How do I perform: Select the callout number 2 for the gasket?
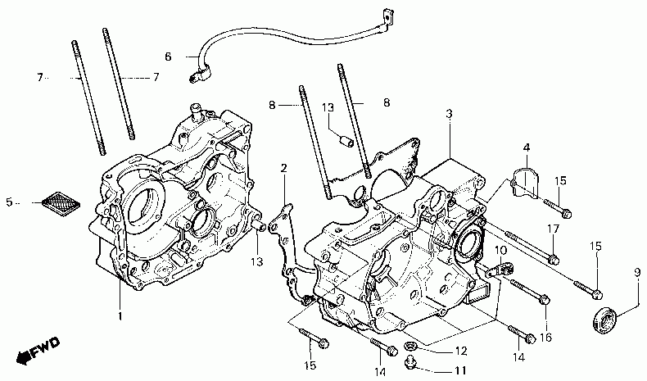click(x=283, y=169)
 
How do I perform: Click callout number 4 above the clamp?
click(x=526, y=148)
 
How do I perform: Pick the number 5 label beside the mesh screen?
click(x=10, y=202)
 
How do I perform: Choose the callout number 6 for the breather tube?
click(x=168, y=57)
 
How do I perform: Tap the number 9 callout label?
click(x=636, y=272)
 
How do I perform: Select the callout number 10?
click(x=500, y=249)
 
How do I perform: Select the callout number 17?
click(x=554, y=229)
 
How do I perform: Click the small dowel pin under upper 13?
click(x=346, y=140)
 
